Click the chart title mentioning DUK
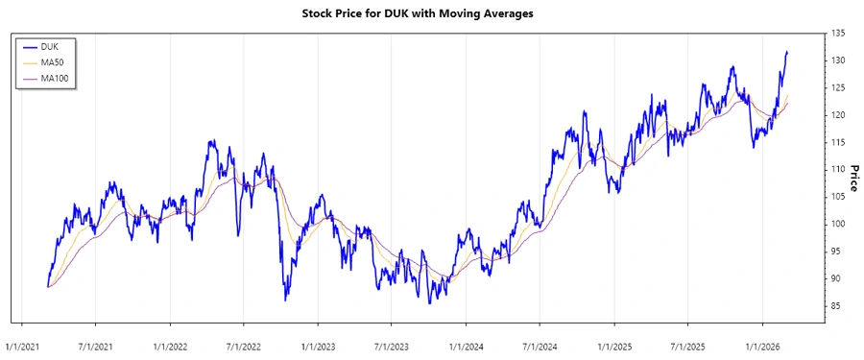tap(431, 13)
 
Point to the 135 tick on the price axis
tap(838, 34)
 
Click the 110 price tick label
tap(838, 170)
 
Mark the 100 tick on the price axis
tap(838, 225)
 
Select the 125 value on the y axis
tap(838, 88)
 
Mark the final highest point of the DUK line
tap(787, 52)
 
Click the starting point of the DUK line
tap(47, 286)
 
